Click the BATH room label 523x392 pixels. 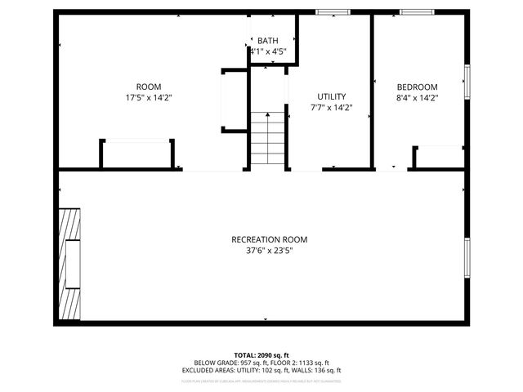268,40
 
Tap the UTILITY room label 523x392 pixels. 332,96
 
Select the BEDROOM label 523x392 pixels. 417,87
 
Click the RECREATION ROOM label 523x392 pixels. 269,239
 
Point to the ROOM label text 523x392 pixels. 148,87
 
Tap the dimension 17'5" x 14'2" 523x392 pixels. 148,97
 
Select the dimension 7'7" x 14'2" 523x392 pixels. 332,107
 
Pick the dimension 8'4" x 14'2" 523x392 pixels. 417,98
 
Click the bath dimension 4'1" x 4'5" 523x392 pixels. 268,51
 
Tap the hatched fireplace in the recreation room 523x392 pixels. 69,263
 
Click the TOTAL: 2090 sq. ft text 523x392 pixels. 261,355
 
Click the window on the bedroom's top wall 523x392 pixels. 417,12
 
